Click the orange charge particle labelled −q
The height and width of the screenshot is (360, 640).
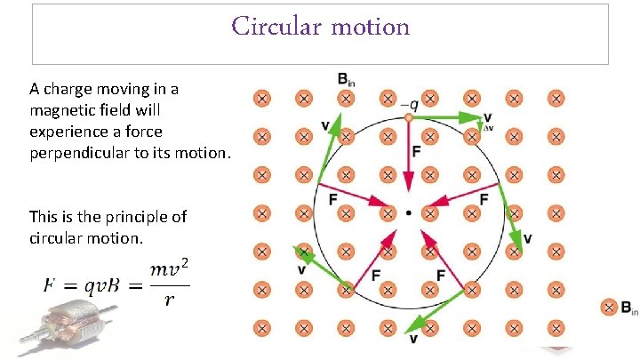[408, 117]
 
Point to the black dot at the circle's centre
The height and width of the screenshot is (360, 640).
[408, 213]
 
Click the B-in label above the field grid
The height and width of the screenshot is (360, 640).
[347, 79]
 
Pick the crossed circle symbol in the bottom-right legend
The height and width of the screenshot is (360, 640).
[610, 308]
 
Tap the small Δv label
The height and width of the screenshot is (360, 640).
[487, 128]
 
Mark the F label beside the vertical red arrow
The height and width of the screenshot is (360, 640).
[418, 152]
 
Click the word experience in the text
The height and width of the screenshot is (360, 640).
[68, 132]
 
